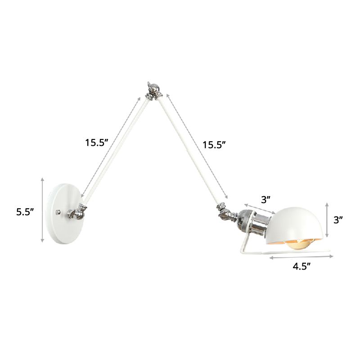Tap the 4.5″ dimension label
tap(302, 266)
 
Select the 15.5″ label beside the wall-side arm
tap(97, 143)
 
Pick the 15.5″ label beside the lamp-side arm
tap(213, 145)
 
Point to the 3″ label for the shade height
tap(338, 220)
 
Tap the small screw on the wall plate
tap(57, 211)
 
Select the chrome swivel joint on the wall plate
tap(77, 211)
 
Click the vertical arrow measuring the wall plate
tap(43, 209)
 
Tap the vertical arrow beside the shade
tap(327, 220)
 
